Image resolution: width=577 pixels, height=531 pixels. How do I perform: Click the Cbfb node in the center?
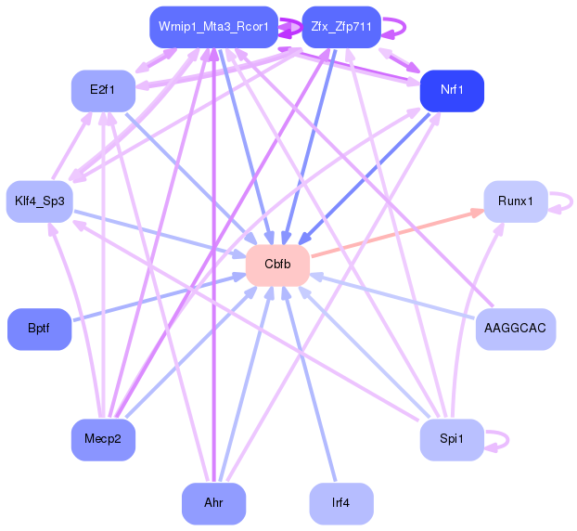click(x=277, y=265)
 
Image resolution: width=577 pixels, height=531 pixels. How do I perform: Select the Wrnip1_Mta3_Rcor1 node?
click(x=213, y=27)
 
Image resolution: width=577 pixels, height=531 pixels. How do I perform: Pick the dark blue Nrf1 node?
click(x=452, y=91)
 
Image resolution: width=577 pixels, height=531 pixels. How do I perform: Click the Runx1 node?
click(x=515, y=201)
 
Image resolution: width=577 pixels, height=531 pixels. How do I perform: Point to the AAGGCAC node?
click(x=515, y=329)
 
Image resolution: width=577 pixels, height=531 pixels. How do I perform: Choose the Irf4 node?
click(x=340, y=503)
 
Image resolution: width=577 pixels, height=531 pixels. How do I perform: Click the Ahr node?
click(x=213, y=503)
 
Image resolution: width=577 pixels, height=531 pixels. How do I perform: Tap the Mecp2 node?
click(x=104, y=439)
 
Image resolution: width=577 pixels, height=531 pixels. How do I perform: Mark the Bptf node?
click(x=39, y=329)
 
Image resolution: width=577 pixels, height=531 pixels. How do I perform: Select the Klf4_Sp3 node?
click(x=39, y=201)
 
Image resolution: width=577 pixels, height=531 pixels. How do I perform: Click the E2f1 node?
click(x=104, y=91)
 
